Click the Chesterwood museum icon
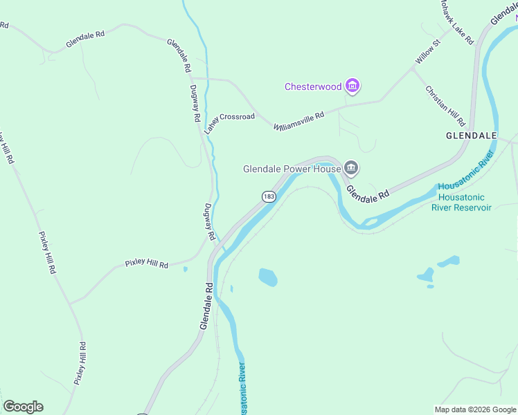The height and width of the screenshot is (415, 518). [353, 86]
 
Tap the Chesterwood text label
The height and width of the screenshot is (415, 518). [313, 87]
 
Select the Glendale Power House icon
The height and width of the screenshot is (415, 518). [352, 168]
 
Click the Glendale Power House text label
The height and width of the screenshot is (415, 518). [292, 169]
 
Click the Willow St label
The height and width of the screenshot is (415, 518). [427, 53]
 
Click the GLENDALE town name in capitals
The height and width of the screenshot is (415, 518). [472, 135]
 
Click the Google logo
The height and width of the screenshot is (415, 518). [23, 407]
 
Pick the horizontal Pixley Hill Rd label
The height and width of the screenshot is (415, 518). [146, 264]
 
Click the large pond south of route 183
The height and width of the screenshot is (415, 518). [268, 277]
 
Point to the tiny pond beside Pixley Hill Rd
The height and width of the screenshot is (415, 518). [185, 269]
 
